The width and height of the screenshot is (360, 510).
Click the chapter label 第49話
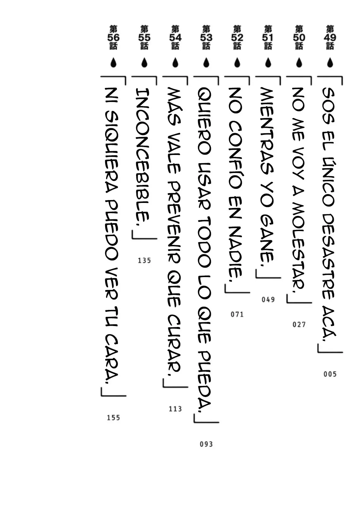point(330,38)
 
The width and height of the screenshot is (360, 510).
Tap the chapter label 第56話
point(113,38)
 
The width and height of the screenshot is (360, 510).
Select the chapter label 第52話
point(237,38)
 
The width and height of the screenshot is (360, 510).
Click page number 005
point(330,374)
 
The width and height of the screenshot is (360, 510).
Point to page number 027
point(299,324)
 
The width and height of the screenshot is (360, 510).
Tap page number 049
point(268,299)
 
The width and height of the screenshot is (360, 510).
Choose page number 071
point(237,314)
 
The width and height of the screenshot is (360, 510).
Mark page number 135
point(144,260)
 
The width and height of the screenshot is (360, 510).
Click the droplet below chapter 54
point(175,62)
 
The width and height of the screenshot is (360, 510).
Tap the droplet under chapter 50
point(299,62)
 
